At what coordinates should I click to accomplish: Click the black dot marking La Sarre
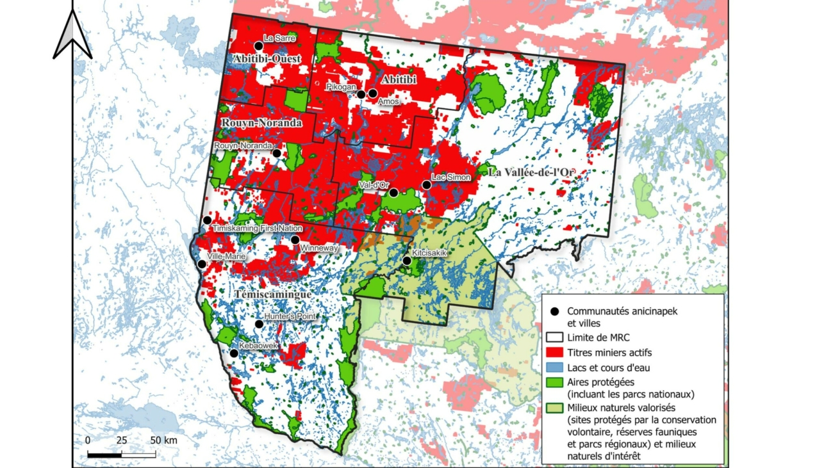pos(259,45)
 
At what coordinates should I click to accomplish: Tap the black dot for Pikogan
pos(361,94)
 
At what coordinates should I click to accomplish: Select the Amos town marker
pos(373,93)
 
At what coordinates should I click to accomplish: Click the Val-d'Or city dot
pos(394,192)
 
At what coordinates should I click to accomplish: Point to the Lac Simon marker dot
pos(427,184)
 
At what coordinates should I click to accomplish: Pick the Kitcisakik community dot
pos(407,261)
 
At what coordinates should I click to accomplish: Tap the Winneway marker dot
pos(295,240)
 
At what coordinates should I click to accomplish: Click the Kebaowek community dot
pos(235,353)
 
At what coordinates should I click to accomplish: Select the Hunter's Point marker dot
pos(260,324)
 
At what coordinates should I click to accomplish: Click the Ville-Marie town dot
pos(202,264)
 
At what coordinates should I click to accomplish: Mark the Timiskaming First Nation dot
pos(208,220)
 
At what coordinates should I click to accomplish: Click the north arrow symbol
pos(72,35)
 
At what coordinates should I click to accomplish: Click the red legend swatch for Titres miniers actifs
pos(556,352)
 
